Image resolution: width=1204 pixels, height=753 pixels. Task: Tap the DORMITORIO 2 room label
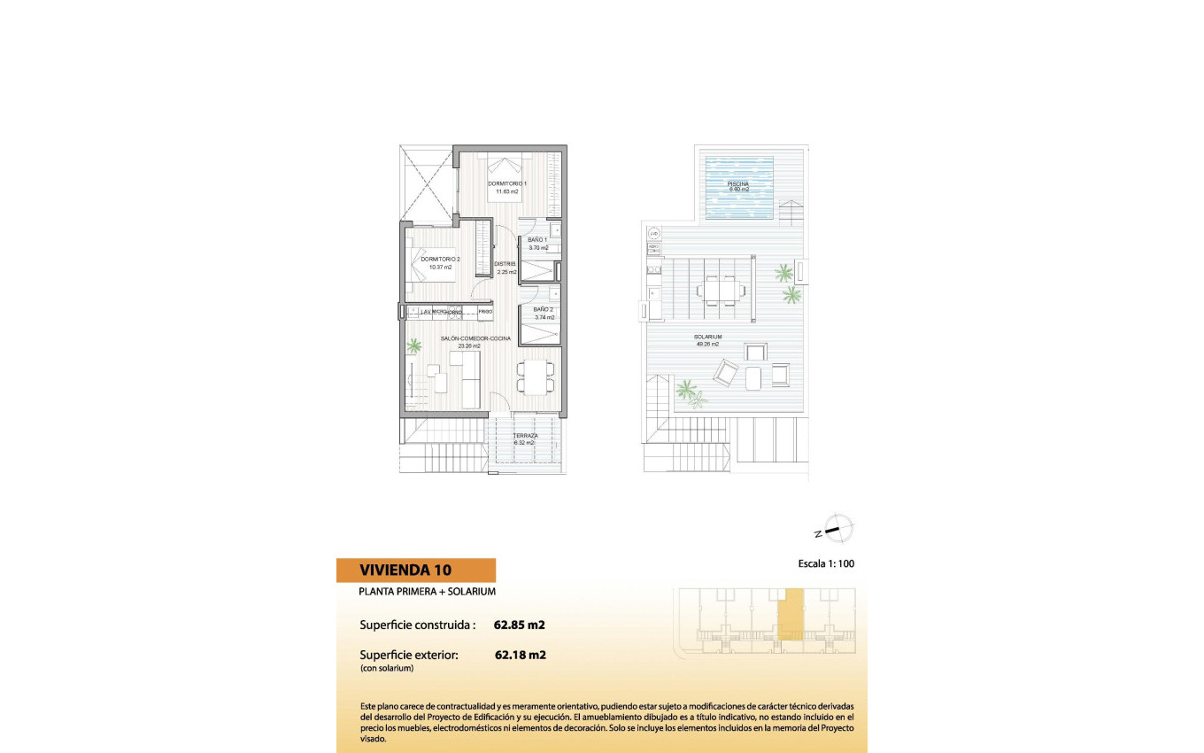(x=429, y=259)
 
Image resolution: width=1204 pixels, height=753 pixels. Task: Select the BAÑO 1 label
(x=538, y=240)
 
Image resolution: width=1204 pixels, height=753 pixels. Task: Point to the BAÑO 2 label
(x=544, y=309)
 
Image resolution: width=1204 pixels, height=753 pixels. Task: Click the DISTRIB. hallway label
(x=506, y=264)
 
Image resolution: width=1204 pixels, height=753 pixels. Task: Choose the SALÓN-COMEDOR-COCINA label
(x=475, y=338)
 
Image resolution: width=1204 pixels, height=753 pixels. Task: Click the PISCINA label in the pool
(x=738, y=184)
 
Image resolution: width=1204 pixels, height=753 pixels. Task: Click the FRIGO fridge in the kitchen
(x=484, y=312)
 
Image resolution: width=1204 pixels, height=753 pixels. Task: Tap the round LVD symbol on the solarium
(x=654, y=234)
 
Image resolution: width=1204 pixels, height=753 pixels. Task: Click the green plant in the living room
(x=413, y=346)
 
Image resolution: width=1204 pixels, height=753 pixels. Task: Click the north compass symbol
(x=837, y=530)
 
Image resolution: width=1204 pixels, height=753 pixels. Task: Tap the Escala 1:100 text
(x=826, y=563)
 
